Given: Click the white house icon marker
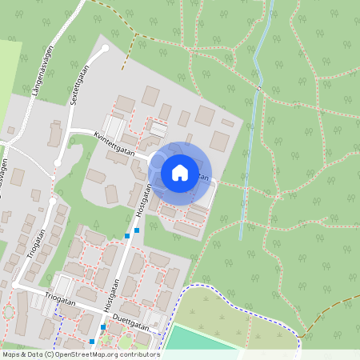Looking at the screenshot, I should [180, 172].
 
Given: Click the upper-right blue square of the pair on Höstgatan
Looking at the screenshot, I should [137, 230].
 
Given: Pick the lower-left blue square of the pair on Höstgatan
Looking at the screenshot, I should [127, 236].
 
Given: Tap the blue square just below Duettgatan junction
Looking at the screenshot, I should [103, 327].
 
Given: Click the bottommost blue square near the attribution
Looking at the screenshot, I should [91, 342].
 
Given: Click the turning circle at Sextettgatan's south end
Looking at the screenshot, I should [58, 163].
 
